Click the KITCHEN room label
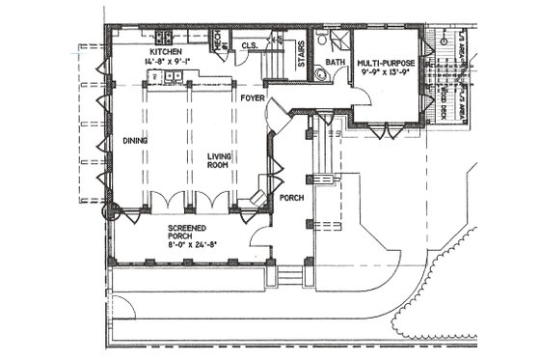pos(167,50)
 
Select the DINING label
pos(133,141)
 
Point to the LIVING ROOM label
pos(221,158)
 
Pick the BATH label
pos(335,63)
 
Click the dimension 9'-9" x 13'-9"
pos(386,70)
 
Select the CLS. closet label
pos(248,44)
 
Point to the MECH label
pos(219,42)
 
